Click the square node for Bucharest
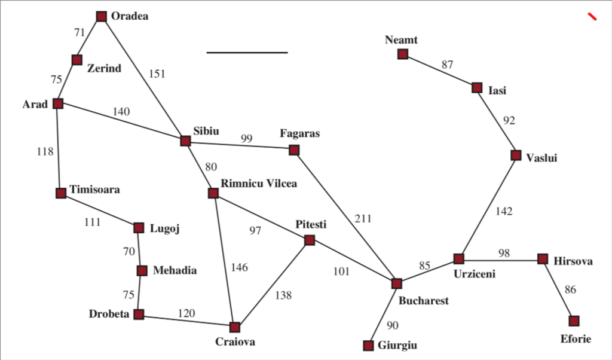point(397,283)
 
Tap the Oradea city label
point(130,16)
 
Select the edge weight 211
point(363,219)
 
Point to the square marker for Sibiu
point(185,141)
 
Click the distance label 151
point(157,74)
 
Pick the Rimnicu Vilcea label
point(259,184)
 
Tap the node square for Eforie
point(574,321)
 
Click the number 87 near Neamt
point(447,65)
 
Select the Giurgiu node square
point(368,346)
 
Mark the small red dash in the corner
point(592,16)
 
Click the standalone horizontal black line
point(247,52)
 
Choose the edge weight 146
point(239,267)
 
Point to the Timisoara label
point(95,190)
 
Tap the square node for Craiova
point(234,327)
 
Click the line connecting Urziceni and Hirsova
point(501,260)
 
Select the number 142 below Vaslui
point(504,211)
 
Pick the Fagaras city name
point(300,133)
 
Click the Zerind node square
point(77,60)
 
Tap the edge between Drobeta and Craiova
point(186,320)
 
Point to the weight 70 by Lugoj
point(129,252)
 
